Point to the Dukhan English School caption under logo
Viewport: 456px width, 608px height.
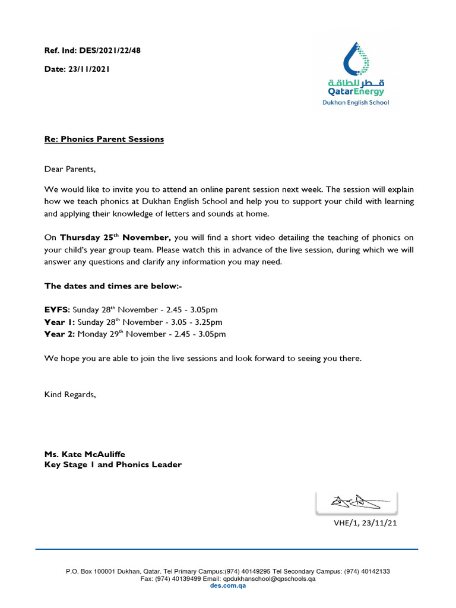pyautogui.click(x=356, y=103)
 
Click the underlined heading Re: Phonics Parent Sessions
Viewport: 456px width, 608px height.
pyautogui.click(x=104, y=139)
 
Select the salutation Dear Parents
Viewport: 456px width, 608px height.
pyautogui.click(x=69, y=169)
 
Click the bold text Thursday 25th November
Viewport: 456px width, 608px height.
pyautogui.click(x=115, y=237)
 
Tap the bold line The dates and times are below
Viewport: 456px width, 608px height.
pyautogui.click(x=113, y=286)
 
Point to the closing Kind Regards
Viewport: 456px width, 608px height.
pyautogui.click(x=70, y=395)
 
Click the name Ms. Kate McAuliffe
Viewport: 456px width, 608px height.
pyautogui.click(x=85, y=455)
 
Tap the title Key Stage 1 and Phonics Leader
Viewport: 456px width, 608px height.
pyautogui.click(x=113, y=465)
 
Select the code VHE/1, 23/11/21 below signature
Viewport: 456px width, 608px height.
pyautogui.click(x=363, y=523)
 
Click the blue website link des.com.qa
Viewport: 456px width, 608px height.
pyautogui.click(x=228, y=585)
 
